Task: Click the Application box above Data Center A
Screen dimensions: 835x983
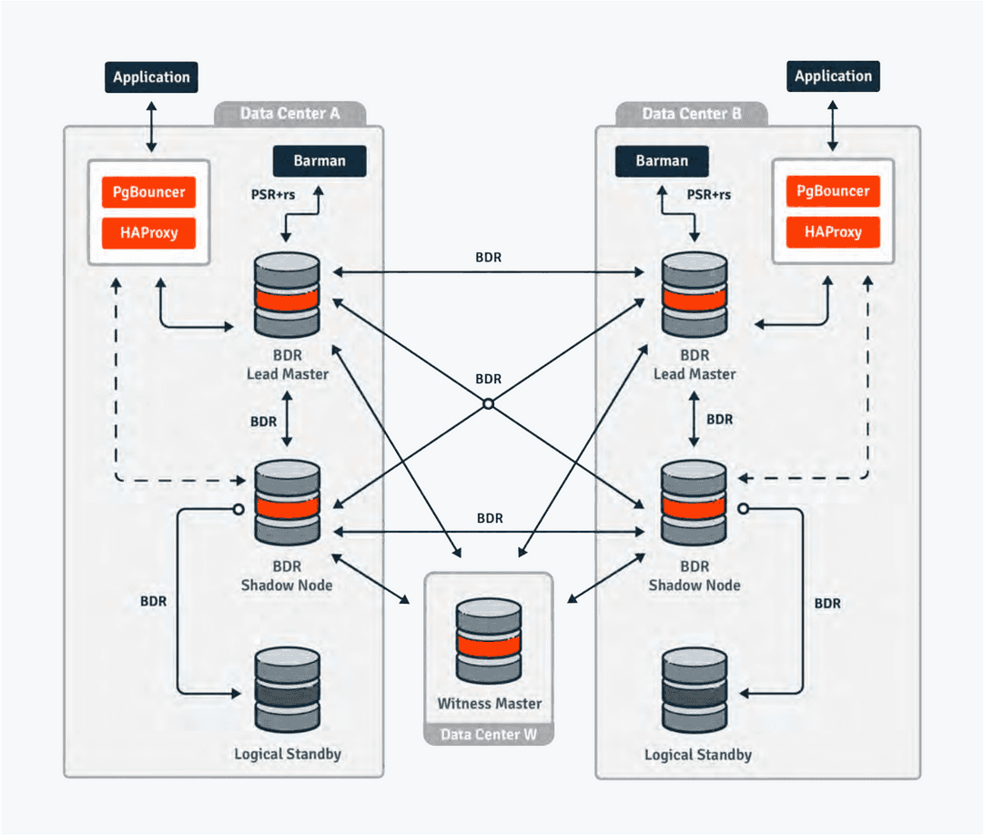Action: [151, 76]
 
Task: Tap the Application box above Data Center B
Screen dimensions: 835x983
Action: [833, 76]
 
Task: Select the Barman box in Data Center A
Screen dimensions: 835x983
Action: [319, 160]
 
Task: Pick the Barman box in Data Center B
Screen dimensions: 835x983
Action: [662, 160]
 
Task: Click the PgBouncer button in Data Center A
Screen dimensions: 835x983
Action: [148, 192]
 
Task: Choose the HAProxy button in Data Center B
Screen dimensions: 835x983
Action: [833, 232]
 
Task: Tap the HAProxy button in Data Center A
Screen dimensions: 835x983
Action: [148, 232]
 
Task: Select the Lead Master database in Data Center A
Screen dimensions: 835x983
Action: [288, 294]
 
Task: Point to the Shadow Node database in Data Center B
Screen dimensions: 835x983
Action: [694, 504]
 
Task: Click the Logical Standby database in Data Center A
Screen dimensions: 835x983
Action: [288, 689]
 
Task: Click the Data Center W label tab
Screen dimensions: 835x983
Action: [489, 734]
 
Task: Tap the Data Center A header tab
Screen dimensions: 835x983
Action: [289, 114]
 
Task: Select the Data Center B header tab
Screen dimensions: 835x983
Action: [691, 114]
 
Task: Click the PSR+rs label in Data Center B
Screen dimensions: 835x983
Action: [708, 194]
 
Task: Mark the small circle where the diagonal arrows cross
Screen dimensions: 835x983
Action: [488, 403]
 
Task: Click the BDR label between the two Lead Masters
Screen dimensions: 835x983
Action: [488, 258]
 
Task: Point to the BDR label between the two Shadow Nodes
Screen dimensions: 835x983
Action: [490, 518]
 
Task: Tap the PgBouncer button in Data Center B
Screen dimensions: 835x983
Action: [833, 191]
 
